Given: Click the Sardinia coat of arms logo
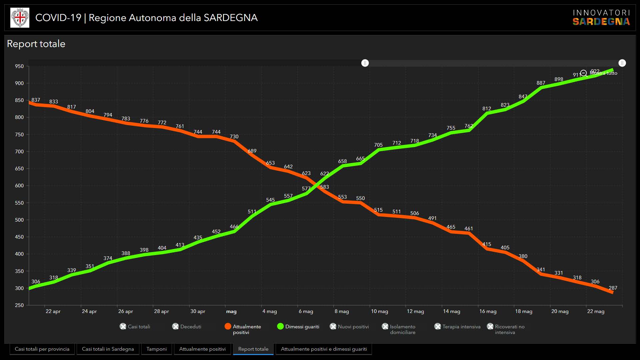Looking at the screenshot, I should [20, 18].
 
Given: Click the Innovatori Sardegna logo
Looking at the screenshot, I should [601, 18].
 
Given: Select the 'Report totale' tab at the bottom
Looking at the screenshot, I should [253, 349].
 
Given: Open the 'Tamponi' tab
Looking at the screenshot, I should [156, 349].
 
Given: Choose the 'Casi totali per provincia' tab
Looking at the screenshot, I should [42, 349].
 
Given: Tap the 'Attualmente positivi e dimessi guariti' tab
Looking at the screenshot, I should [324, 349].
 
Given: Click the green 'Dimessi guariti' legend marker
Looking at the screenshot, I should [280, 326].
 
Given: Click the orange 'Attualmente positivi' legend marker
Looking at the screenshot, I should [228, 326].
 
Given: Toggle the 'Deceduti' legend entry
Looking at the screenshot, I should [187, 327].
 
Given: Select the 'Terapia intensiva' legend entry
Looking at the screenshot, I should [457, 327].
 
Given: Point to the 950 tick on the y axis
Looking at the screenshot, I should [19, 66].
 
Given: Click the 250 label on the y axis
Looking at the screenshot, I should [19, 305].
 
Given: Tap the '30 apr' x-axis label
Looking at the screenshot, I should [198, 311].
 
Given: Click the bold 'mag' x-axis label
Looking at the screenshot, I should [231, 311].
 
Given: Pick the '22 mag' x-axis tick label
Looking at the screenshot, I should [596, 311].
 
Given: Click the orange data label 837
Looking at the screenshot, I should [36, 100].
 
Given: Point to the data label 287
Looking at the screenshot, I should [613, 288].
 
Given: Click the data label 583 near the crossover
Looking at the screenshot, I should [324, 187].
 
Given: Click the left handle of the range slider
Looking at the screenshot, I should [365, 63].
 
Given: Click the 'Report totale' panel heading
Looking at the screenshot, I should [36, 44].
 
